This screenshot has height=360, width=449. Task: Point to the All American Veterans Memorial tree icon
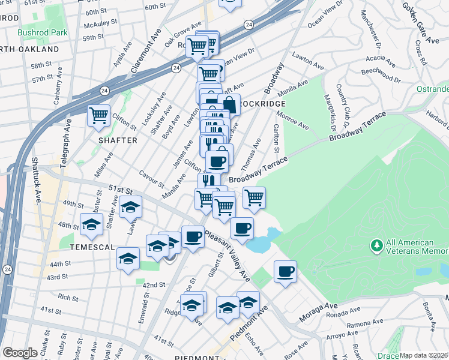(377, 245)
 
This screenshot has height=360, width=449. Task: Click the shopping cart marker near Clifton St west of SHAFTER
(98, 115)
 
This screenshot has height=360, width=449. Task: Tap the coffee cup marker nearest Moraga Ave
(285, 271)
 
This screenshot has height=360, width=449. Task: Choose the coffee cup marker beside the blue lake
(242, 228)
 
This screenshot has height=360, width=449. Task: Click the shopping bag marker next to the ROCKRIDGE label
(229, 104)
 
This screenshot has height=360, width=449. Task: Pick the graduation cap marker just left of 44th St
(128, 258)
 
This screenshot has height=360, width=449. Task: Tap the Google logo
(20, 353)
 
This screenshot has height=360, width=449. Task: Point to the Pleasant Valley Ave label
(228, 255)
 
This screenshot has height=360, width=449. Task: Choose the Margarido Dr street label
(329, 112)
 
